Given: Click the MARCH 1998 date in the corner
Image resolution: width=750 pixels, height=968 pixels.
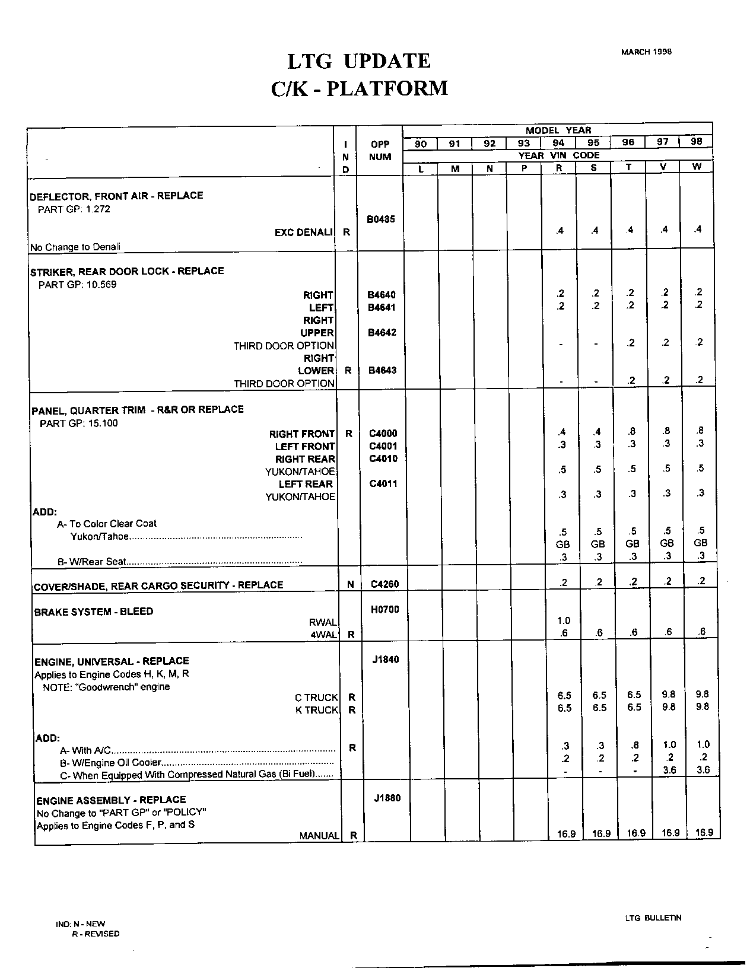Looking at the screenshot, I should point(646,52).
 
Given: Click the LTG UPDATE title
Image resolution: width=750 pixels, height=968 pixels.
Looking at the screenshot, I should point(359,61).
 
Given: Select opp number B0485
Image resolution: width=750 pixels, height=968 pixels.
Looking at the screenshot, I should point(380,219).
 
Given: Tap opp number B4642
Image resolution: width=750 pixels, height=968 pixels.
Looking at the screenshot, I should point(382,333).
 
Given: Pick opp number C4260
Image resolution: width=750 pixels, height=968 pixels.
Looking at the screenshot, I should point(384,584).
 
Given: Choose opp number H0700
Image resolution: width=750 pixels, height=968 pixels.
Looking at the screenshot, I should point(384,609).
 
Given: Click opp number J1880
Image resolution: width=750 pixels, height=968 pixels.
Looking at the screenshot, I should point(387,798).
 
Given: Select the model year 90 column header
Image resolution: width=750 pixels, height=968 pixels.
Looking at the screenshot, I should point(420,144).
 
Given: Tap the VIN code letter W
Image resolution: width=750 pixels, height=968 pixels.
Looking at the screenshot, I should point(697,167).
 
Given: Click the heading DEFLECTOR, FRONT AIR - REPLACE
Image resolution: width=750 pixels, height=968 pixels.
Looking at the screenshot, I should point(116,196).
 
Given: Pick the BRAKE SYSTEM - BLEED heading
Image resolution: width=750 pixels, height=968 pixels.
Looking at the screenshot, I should point(94,612).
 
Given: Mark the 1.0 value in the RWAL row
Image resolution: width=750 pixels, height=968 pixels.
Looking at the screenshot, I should point(564,620).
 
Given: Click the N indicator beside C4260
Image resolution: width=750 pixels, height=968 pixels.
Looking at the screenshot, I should point(350,585).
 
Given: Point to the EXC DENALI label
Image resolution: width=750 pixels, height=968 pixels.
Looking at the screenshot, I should point(303,233).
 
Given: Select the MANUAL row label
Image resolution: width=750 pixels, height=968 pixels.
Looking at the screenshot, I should point(319,836).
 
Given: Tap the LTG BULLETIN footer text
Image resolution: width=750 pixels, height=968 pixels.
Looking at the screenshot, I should point(653,918).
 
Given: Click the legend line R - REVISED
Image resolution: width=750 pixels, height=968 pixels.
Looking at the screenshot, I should point(95,934).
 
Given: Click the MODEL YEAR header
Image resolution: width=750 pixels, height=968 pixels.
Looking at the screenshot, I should point(558,130).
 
